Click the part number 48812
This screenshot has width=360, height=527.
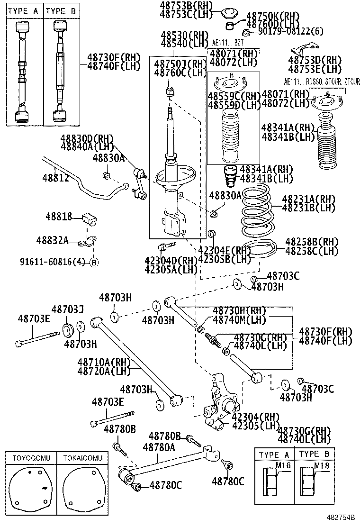pos(55,179)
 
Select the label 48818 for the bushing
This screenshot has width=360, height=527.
pos(59,217)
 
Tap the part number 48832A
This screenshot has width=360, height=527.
pos(52,241)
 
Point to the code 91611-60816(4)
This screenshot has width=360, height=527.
pos(52,262)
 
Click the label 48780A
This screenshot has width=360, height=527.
pos(159,447)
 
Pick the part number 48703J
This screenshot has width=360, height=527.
pos(68,309)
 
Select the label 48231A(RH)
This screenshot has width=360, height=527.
pos(309,199)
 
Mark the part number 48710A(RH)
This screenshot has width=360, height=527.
pos(104,362)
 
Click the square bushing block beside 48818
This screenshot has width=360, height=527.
pos(90,219)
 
